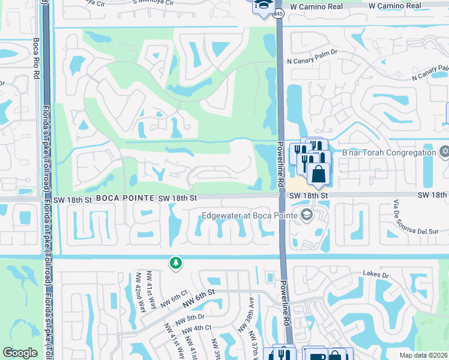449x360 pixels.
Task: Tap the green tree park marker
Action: tap(175, 263)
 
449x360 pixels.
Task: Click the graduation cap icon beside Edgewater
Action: tap(307, 214)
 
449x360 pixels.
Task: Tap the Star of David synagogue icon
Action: tap(444, 150)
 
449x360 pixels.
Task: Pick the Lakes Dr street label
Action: tap(376, 274)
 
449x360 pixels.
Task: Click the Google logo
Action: tap(20, 353)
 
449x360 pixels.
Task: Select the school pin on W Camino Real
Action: tap(262, 6)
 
